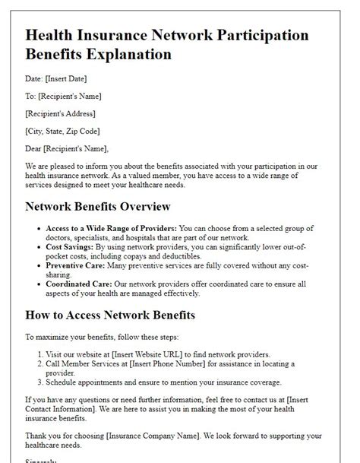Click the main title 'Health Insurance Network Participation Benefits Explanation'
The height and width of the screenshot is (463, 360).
pos(167,45)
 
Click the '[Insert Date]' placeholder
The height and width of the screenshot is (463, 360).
pos(67,78)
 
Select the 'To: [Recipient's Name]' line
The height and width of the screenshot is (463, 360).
pos(63,96)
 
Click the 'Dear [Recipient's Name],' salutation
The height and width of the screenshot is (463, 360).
pos(67,148)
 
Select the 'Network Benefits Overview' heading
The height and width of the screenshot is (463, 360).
pos(98,206)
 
